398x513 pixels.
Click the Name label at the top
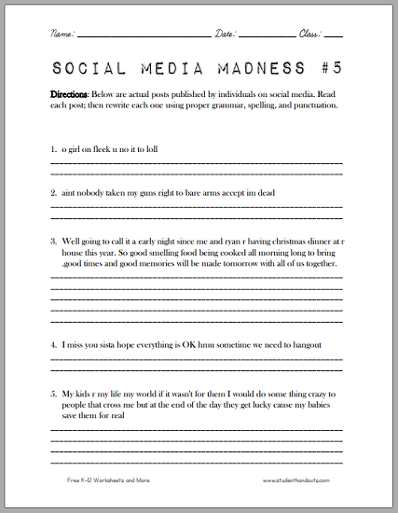point(62,33)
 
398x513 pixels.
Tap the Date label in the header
point(227,33)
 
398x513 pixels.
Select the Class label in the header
point(309,33)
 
